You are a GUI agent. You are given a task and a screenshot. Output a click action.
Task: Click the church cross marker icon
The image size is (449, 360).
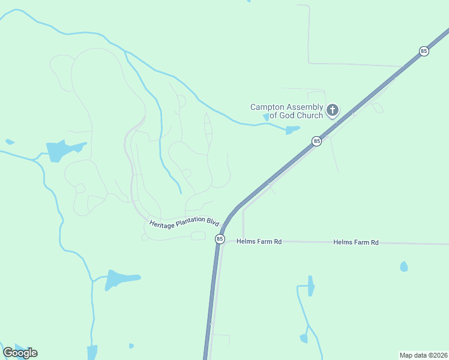(x=332, y=110)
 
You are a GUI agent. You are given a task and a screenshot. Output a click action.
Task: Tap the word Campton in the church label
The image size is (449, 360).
(x=266, y=107)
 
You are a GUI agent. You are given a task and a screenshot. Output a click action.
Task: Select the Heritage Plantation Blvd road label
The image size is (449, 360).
(x=184, y=222)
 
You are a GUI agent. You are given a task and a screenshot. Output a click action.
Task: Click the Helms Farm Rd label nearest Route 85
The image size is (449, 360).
(x=259, y=242)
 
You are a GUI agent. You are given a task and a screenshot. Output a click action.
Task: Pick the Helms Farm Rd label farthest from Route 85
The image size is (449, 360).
(x=356, y=242)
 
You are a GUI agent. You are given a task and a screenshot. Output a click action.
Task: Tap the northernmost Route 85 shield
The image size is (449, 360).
(x=424, y=51)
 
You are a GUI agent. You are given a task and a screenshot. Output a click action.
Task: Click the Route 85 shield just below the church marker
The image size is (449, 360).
(x=316, y=141)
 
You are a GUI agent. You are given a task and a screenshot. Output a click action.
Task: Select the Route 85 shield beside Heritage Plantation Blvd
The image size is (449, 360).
(x=220, y=239)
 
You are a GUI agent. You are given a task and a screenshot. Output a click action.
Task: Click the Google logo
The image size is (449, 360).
(x=20, y=353)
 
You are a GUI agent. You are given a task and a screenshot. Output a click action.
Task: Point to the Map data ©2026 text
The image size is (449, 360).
(x=423, y=355)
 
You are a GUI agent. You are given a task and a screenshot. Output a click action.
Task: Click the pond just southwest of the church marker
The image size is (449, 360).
(x=292, y=130)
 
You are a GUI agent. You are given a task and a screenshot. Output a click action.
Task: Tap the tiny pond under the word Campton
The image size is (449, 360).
(x=266, y=117)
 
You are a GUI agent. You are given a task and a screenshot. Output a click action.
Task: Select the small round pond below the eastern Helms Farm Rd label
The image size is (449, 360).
(x=404, y=266)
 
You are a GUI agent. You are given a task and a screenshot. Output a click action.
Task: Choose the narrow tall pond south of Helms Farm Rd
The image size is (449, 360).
(x=310, y=285)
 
